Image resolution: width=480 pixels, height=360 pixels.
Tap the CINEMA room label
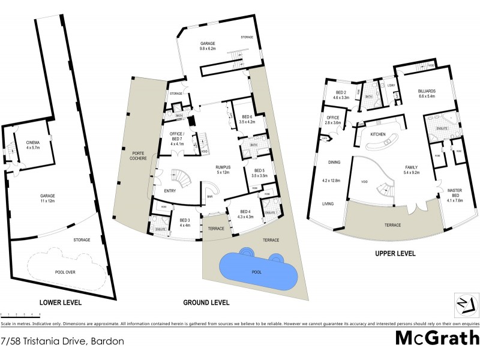click(x=33, y=143)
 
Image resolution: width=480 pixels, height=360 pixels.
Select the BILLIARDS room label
click(x=430, y=91)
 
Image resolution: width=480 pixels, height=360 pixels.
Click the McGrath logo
click(x=437, y=338)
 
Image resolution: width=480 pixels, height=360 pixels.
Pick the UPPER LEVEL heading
click(x=395, y=254)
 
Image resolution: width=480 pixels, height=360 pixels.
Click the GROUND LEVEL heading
click(x=206, y=302)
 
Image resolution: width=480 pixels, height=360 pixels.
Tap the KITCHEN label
click(x=377, y=134)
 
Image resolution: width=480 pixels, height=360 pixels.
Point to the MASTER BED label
click(x=454, y=193)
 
